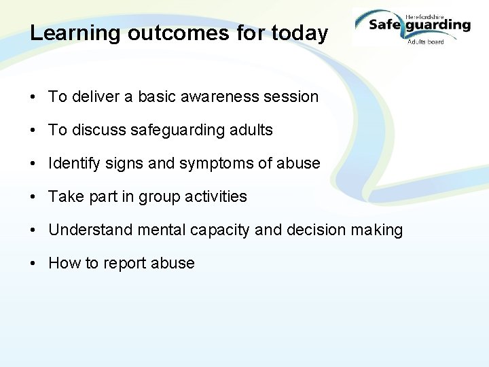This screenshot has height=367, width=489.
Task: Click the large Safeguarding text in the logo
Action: click(x=419, y=26)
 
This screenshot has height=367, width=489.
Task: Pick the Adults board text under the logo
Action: click(x=425, y=41)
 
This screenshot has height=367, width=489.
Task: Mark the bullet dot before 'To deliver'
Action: click(x=33, y=97)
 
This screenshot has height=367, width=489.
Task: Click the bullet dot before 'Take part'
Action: click(x=33, y=197)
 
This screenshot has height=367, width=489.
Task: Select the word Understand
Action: click(x=90, y=230)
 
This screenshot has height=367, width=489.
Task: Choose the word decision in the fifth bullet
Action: click(x=316, y=230)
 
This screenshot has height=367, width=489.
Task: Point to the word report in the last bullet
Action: click(x=126, y=264)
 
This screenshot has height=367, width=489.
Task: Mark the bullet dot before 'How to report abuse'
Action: click(x=33, y=264)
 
